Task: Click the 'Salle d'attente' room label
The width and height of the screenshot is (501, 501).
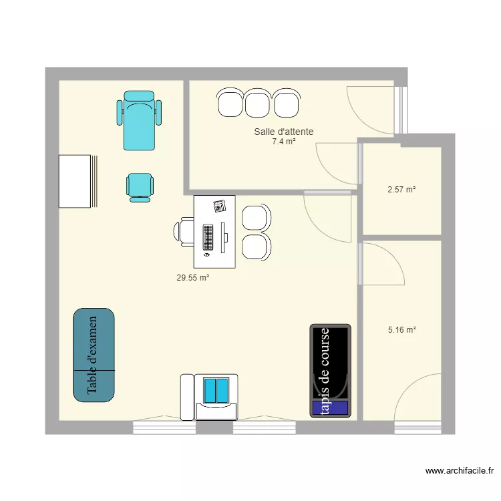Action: [x=284, y=132]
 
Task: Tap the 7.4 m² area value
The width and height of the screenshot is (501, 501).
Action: [x=284, y=141]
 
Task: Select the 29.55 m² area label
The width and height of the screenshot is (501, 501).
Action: [x=193, y=278]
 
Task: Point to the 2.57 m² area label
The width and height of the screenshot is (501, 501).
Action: [x=401, y=190]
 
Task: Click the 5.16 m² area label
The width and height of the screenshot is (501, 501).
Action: [x=402, y=330]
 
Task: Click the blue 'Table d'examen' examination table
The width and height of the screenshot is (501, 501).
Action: [x=94, y=355]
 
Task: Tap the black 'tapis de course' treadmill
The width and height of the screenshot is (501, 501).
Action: [x=331, y=371]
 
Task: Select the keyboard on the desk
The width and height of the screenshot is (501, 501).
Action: [x=208, y=237]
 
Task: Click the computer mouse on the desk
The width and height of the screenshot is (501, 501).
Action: [x=206, y=255]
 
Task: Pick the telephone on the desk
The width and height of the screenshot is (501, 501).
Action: [x=220, y=206]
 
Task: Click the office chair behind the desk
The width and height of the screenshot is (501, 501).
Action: [x=184, y=232]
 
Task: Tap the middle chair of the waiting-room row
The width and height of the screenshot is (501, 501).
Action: [x=257, y=103]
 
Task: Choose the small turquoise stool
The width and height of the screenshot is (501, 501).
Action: [x=140, y=188]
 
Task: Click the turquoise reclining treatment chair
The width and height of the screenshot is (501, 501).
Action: [x=139, y=120]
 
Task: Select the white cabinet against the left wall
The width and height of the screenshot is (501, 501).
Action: [x=75, y=181]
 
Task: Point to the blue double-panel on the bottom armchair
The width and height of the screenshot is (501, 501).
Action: [x=216, y=391]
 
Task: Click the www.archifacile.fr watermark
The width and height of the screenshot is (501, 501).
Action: [x=460, y=471]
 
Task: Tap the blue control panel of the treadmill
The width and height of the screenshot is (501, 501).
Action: [x=331, y=407]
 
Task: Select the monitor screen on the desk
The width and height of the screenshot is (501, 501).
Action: [x=223, y=237]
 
